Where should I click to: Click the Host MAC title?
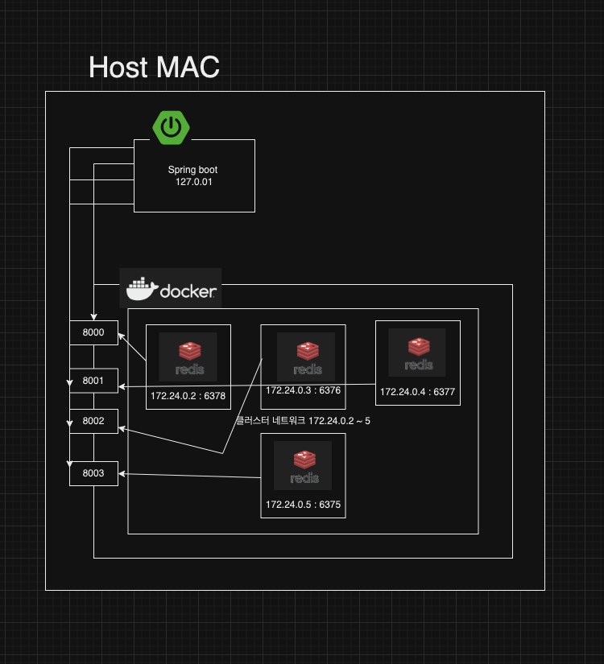154,67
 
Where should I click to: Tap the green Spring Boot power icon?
171,126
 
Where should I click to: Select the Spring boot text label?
192,170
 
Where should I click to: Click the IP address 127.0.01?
193,182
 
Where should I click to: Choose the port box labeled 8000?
93,332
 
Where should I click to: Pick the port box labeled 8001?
93,381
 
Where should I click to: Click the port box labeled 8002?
93,421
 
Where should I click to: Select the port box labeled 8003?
93,473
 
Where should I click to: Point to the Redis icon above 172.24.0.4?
417,353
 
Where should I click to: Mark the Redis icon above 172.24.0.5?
303,464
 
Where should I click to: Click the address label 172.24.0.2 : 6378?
188,396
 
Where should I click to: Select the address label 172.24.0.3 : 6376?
303,390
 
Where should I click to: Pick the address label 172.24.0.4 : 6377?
418,392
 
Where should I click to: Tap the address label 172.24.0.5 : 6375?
303,505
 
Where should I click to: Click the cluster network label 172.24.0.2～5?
303,420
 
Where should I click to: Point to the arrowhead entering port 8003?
122,475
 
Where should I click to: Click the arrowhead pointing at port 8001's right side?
122,387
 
